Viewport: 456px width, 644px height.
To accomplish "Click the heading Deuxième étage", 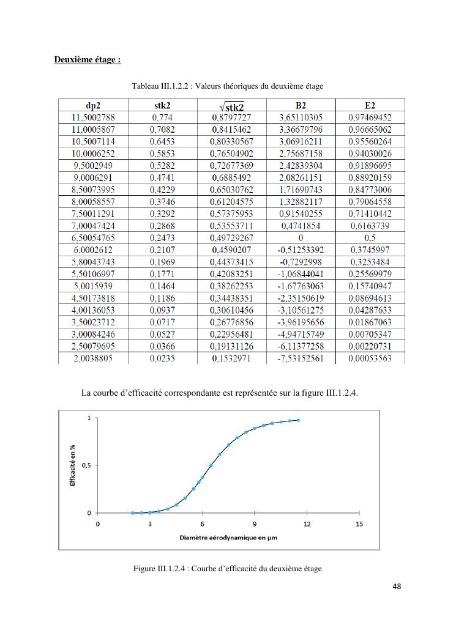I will point(88,59).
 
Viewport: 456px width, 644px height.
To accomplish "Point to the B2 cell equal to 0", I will point(301,238).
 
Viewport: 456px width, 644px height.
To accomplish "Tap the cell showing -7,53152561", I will point(301,358).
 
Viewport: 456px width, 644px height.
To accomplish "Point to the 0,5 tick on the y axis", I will point(86,465).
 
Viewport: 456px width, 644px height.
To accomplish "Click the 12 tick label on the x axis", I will point(307,524).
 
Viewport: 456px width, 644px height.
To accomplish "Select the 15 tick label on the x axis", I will point(359,524).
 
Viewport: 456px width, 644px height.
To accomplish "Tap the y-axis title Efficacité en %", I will point(72,465).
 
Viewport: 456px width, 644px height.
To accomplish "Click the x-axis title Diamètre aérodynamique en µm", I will point(228,538).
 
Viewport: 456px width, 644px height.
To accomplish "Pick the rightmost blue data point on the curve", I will point(298,420).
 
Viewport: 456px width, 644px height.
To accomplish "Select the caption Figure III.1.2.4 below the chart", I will point(227,569).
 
